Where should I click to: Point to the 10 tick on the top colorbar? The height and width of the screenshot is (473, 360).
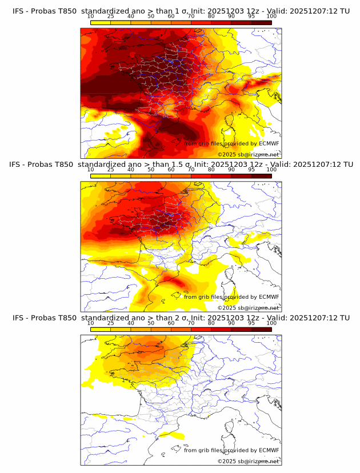click(91, 17)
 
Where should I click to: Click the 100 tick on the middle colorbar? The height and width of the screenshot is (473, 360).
click(271, 170)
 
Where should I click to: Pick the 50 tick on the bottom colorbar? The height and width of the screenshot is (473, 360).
click(151, 323)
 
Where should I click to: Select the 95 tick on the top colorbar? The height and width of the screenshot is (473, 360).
click(251, 17)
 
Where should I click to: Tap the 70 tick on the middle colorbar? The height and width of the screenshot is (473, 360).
click(191, 170)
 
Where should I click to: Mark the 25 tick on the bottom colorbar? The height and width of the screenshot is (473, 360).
click(111, 323)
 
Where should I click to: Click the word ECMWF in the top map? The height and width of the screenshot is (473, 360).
click(269, 143)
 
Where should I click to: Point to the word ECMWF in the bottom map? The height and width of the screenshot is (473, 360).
click(269, 450)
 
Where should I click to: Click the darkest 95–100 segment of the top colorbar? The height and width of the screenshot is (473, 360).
click(261, 22)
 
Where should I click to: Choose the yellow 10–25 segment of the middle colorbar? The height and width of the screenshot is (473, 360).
click(101, 175)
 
